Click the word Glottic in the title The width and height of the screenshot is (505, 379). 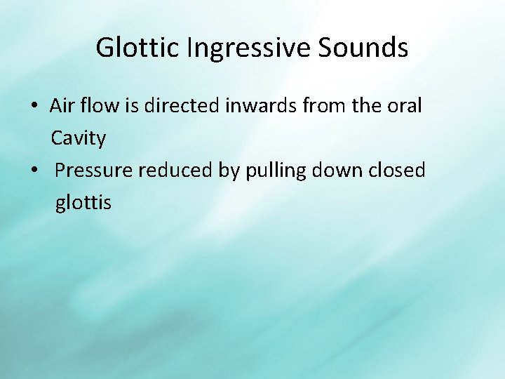[138, 48]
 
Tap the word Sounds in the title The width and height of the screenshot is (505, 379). [363, 48]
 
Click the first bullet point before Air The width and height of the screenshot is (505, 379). [34, 107]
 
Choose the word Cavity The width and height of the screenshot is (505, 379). [79, 138]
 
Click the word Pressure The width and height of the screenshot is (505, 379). [93, 171]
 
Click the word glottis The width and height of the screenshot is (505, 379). [83, 203]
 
